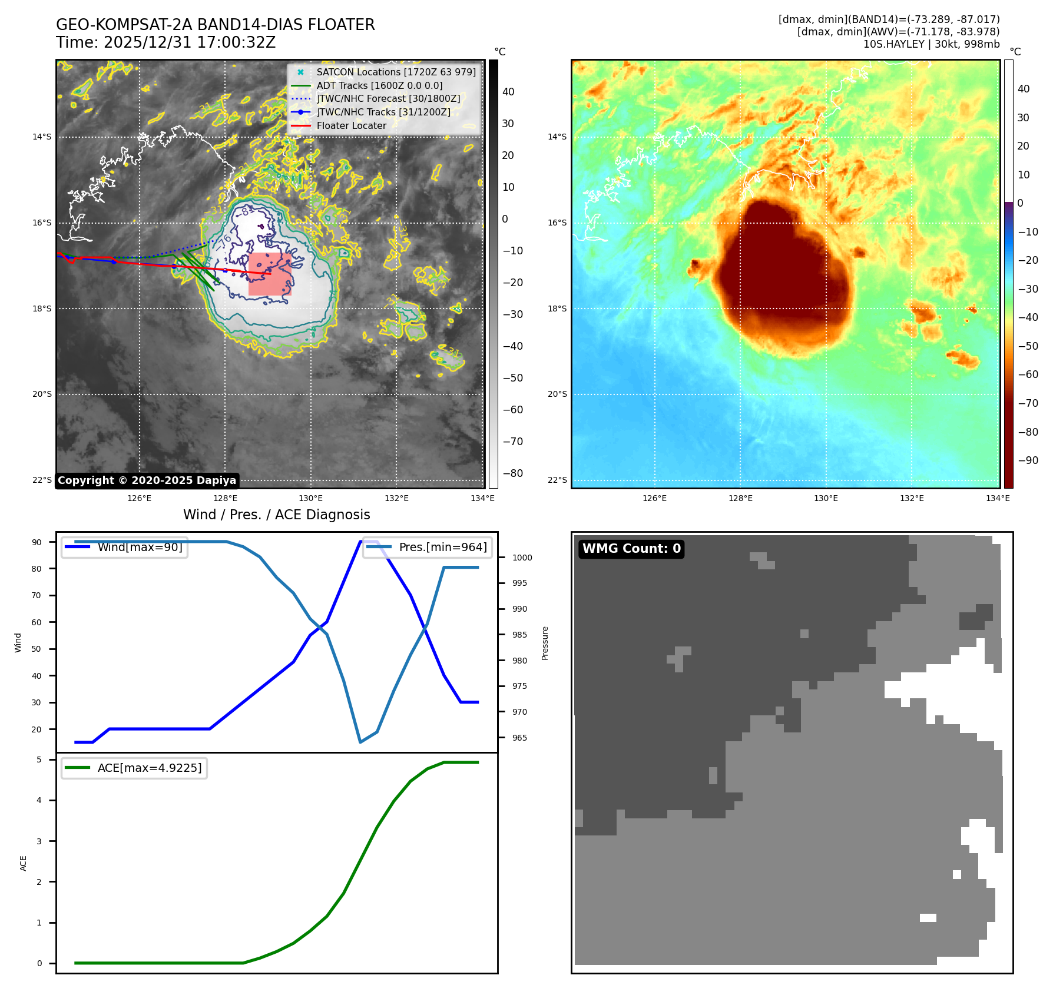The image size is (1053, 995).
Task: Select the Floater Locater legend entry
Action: [x=351, y=125]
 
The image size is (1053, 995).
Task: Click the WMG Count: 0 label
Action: [x=631, y=549]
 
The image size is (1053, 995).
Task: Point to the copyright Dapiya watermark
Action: [x=147, y=480]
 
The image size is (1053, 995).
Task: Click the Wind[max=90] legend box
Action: [x=125, y=547]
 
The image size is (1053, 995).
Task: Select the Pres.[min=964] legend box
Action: [x=428, y=547]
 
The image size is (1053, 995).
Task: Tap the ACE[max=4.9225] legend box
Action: [x=134, y=768]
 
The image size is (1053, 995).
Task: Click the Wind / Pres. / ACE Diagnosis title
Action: [x=277, y=515]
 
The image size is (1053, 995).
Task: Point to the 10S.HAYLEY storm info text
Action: [x=931, y=44]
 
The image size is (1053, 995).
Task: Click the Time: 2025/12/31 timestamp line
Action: [x=165, y=42]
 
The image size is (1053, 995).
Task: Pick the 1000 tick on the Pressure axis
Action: [x=522, y=558]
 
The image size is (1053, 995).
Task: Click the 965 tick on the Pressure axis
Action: [x=519, y=738]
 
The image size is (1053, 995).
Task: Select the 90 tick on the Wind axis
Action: [x=37, y=542]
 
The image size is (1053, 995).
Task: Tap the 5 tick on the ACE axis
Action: [x=39, y=759]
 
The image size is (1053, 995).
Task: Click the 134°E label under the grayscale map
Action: [x=482, y=498]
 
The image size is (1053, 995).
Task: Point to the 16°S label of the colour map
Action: [x=557, y=223]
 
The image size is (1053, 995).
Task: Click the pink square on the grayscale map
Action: [x=269, y=274]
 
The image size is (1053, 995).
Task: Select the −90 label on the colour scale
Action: [x=1028, y=460]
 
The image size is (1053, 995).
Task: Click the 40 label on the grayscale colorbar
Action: [x=508, y=92]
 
